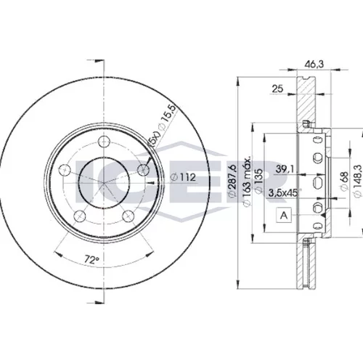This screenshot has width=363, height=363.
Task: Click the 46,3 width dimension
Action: [314, 64]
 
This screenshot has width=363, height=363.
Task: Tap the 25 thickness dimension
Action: [277, 89]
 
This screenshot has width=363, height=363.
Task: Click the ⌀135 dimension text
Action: [259, 181]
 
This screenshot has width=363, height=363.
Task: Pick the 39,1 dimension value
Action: [285, 169]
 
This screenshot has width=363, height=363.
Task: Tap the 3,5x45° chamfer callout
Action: [285, 193]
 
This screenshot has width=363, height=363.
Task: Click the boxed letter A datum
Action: [284, 215]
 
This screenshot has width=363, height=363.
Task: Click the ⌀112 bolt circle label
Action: [183, 177]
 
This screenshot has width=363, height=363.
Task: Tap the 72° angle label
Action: [92, 260]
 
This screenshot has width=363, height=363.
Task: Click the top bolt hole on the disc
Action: [104, 142]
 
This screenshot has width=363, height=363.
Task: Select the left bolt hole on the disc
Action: [65, 170]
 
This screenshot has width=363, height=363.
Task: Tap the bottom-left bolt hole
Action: [80, 216]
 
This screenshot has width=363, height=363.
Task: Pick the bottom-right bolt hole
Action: [128, 216]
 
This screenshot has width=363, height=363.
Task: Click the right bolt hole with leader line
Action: [143, 170]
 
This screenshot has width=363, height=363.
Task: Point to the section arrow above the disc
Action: [96, 60]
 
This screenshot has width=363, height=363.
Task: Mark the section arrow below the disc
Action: [96, 302]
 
